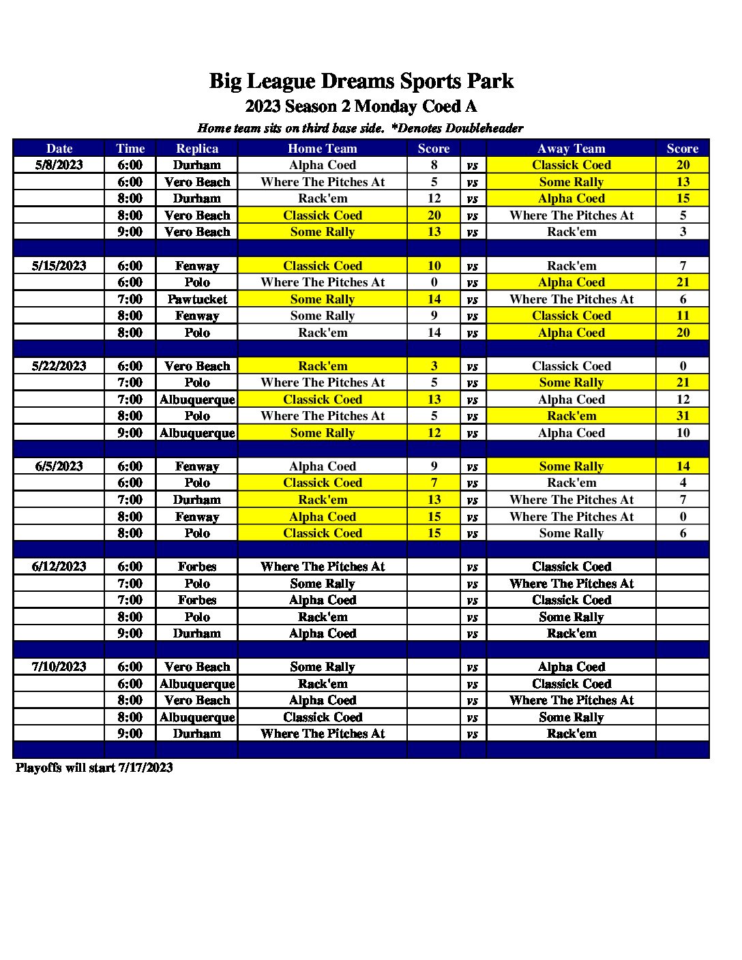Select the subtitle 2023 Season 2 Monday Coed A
[x=361, y=106]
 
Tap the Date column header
[x=59, y=149]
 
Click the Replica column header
[x=197, y=149]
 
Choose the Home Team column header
[x=323, y=149]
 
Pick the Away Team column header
[x=572, y=149]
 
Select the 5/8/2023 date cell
[x=59, y=165]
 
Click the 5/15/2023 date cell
[x=59, y=266]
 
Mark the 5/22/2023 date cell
[x=59, y=366]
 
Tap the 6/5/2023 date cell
[x=59, y=466]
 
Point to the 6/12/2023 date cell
[x=59, y=567]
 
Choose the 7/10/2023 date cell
[x=59, y=667]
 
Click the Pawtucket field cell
[x=197, y=299]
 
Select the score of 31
[x=683, y=416]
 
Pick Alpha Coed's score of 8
[x=434, y=165]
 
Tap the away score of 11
[x=683, y=316]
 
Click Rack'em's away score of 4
[x=683, y=483]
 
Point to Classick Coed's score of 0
[x=683, y=366]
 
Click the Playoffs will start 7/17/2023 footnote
[x=94, y=768]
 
